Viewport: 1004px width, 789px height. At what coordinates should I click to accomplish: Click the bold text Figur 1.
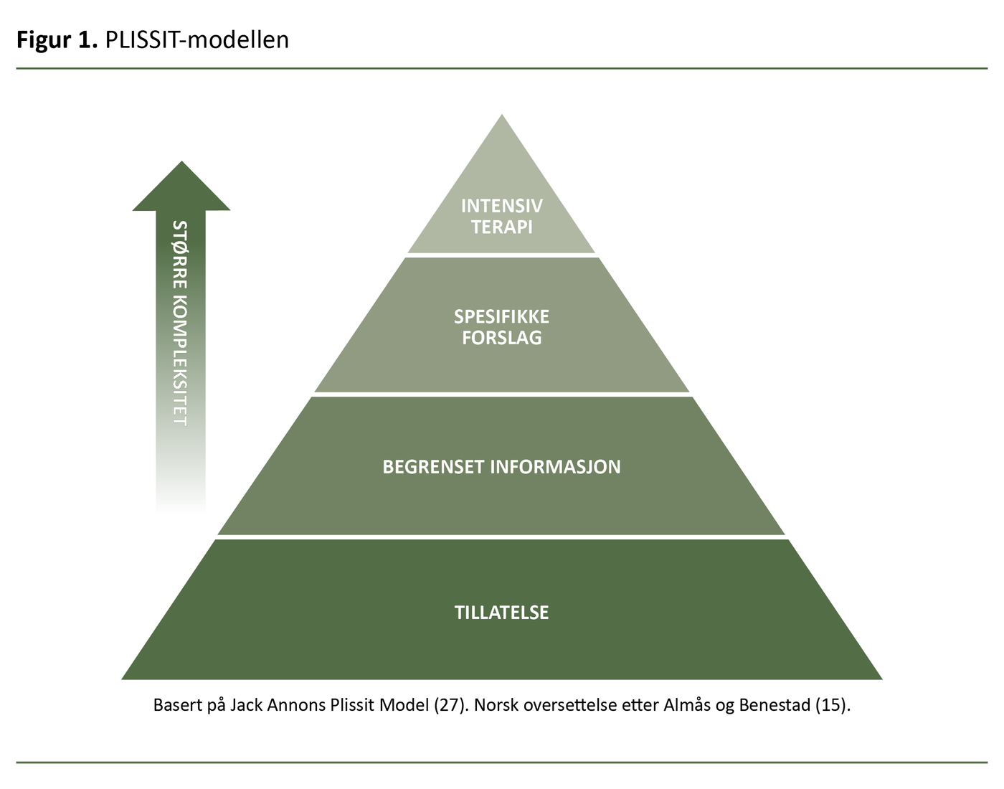(x=57, y=40)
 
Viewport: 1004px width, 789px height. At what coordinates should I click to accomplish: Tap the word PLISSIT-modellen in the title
(x=197, y=40)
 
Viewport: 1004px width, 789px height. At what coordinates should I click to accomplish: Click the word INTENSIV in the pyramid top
(x=501, y=206)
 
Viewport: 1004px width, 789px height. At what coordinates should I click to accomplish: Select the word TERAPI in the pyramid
(x=501, y=227)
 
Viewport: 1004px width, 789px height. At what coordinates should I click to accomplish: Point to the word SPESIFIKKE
(x=501, y=316)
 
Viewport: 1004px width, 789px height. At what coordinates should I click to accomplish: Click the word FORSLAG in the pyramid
(x=501, y=338)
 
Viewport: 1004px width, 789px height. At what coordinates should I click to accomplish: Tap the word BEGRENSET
(x=433, y=467)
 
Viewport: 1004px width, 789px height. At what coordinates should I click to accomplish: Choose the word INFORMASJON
(x=556, y=467)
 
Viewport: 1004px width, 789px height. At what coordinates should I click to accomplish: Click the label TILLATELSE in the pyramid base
(x=501, y=613)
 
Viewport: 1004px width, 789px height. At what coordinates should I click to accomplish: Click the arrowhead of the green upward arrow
(x=181, y=188)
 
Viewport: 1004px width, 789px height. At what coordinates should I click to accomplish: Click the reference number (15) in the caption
(x=833, y=705)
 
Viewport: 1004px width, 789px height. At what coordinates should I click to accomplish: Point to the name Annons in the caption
(x=296, y=705)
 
